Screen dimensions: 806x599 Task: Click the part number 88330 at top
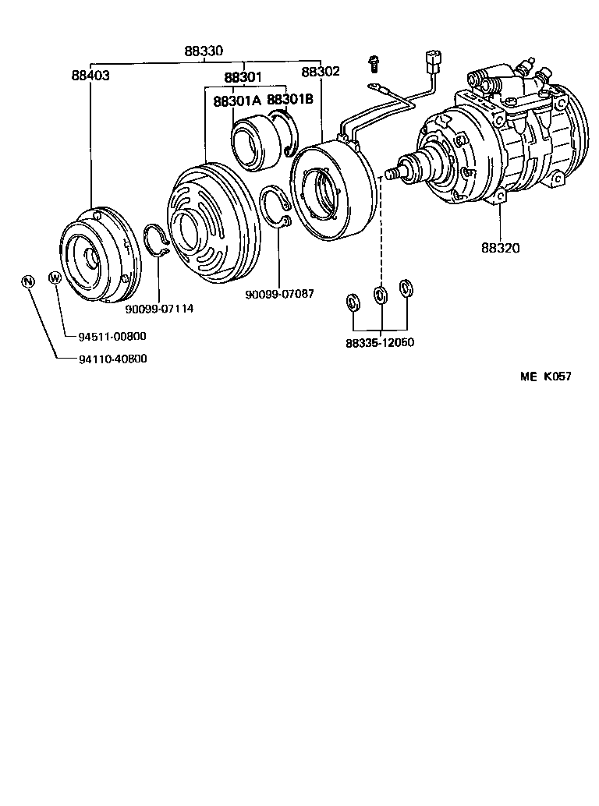coord(204,51)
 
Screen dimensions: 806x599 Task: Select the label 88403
coord(90,76)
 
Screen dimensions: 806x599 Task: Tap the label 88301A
coord(237,101)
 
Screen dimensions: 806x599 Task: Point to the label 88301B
coord(290,101)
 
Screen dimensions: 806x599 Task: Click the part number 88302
coord(321,72)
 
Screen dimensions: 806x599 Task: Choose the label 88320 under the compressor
coord(500,248)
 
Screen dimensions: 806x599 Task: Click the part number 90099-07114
coord(159,308)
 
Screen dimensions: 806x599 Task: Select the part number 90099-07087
coord(279,294)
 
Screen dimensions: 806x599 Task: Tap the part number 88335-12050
coord(380,342)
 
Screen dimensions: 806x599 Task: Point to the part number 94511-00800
coord(112,336)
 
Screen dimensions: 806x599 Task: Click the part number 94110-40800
coord(112,359)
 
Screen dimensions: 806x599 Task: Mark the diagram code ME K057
coord(546,376)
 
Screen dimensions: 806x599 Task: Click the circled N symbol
coord(28,281)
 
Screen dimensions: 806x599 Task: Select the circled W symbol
coord(55,278)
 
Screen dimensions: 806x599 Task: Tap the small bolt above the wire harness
coord(374,61)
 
